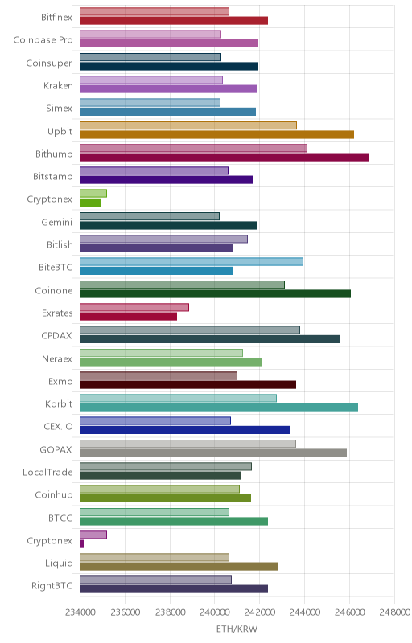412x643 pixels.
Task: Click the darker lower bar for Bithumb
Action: click(225, 157)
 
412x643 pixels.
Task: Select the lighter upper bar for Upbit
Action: click(188, 125)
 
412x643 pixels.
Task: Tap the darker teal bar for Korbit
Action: click(219, 408)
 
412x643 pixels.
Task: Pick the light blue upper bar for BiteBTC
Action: click(192, 262)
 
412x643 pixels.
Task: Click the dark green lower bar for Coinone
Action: click(215, 293)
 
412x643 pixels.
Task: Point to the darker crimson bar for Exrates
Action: click(128, 316)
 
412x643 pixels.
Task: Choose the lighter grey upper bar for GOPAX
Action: click(187, 444)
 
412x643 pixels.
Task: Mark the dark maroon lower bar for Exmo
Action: click(187, 385)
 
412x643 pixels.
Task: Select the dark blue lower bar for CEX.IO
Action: click(184, 430)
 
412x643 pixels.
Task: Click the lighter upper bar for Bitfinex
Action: click(154, 11)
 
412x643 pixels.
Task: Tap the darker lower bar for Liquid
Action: click(179, 567)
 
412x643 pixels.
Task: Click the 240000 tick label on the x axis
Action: click(214, 612)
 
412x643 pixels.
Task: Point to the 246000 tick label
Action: click(349, 612)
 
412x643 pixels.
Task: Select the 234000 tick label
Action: click(80, 612)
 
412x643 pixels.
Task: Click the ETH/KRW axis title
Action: click(237, 629)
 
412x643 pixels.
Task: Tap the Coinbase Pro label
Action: click(43, 39)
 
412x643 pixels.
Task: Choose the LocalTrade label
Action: click(47, 472)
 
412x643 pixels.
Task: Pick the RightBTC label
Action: click(52, 586)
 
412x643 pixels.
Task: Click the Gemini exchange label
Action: click(57, 223)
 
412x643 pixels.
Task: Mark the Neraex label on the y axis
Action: click(57, 358)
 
